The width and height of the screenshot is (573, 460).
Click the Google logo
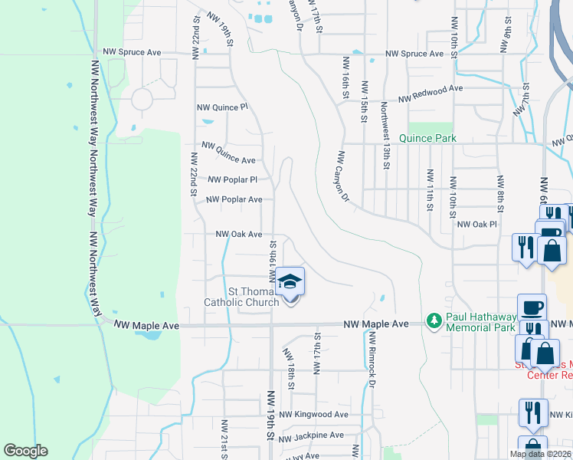[x=25, y=451]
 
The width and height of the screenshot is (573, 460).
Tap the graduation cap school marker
[x=290, y=283]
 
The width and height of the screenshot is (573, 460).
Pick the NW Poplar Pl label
[x=232, y=180]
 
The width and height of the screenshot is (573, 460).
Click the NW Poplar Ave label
[x=234, y=199]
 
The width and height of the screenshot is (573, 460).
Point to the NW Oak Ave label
[x=239, y=234]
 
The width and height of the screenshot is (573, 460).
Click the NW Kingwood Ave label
[x=313, y=414]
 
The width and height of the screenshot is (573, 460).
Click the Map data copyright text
[x=540, y=454]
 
